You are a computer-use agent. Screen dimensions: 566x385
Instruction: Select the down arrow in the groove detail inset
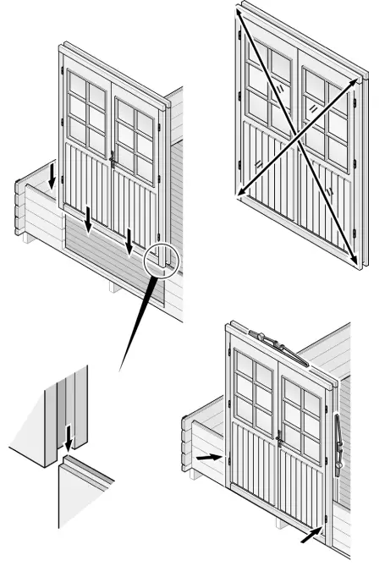coord(69,437)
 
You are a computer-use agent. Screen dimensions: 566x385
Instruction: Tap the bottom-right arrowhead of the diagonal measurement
coord(353,259)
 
